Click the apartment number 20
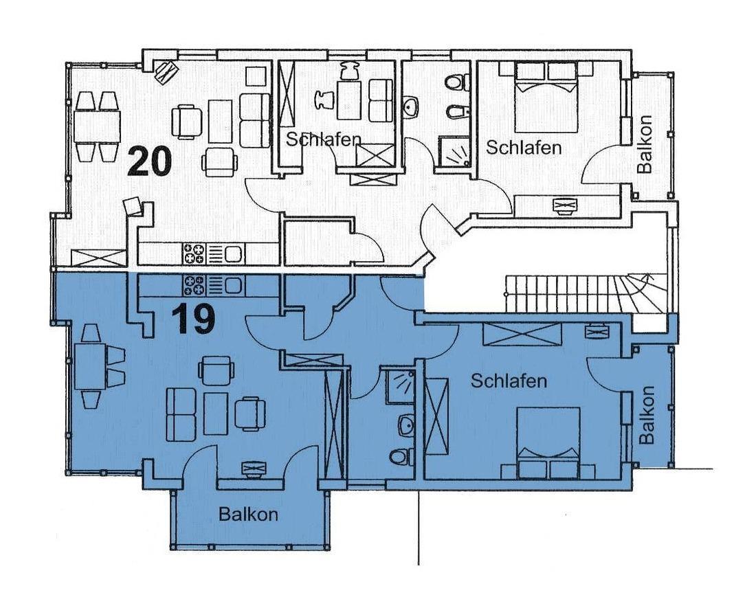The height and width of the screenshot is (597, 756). pos(149,162)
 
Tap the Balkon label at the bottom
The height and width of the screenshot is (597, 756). pos(248,514)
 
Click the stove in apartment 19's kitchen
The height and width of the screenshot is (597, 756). pos(194,285)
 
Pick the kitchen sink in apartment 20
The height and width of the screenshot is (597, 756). pos(234,254)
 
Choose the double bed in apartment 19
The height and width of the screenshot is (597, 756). pos(548,443)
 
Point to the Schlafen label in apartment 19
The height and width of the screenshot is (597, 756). pos(509,381)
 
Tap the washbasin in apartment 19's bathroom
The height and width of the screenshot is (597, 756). pos(406,425)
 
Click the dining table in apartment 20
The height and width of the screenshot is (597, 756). pos(97,126)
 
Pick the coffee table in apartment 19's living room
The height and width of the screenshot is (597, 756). pos(216,414)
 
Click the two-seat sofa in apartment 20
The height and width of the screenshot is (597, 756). pos(254,120)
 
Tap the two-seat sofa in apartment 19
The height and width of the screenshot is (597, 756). pos(181,414)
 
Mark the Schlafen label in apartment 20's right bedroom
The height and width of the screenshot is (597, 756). pos(524,148)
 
